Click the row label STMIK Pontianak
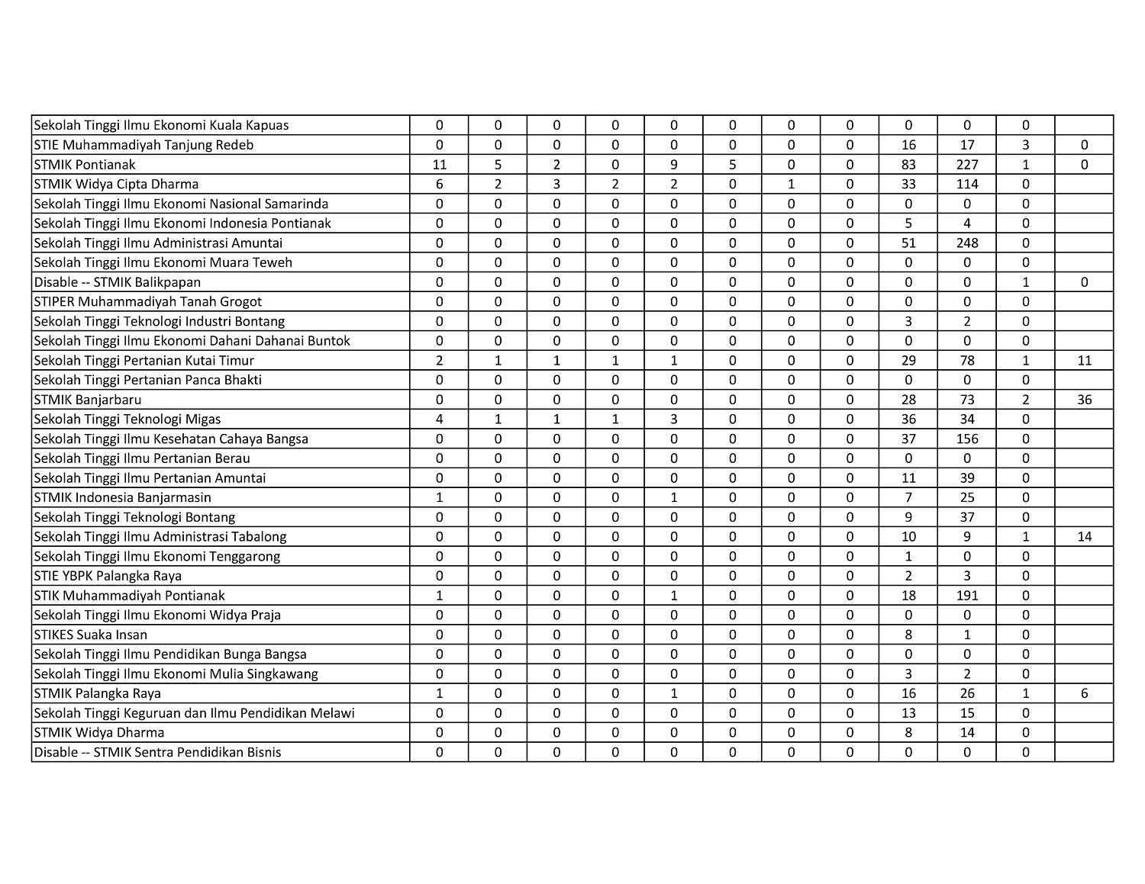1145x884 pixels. [85, 164]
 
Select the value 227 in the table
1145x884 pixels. [966, 164]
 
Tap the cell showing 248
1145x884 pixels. [966, 243]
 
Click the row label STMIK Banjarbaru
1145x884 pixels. [88, 400]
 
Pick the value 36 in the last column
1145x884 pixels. [1084, 400]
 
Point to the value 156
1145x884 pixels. [966, 439]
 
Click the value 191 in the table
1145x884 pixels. [966, 596]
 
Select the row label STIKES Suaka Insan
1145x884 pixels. [91, 635]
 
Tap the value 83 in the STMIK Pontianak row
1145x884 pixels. [908, 164]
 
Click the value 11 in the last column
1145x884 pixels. [1084, 360]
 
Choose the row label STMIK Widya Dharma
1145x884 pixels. [99, 733]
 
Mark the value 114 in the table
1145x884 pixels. [966, 184]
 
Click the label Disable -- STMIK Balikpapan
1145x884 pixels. [118, 282]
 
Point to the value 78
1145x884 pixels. [966, 360]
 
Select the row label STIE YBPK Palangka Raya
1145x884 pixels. [108, 576]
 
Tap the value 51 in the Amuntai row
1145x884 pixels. [908, 243]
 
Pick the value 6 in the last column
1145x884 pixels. [1084, 693]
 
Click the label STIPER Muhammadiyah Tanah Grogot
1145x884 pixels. [148, 301]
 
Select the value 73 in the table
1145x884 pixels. [966, 400]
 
